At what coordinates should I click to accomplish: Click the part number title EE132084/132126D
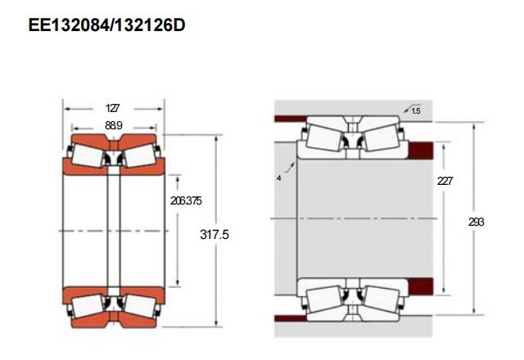coord(107,25)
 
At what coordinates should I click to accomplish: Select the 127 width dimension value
coord(112,108)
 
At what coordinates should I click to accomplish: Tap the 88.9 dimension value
coord(114,125)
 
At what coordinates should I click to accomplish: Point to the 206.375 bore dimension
coord(186,200)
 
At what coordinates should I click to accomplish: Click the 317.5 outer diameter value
coord(215,235)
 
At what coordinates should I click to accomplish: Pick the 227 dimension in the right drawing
coord(445,181)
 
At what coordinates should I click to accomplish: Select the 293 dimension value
coord(477,222)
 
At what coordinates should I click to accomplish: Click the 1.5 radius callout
coord(416,110)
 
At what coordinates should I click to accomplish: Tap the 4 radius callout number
coord(279,178)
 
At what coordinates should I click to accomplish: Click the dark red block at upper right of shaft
coord(421,151)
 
